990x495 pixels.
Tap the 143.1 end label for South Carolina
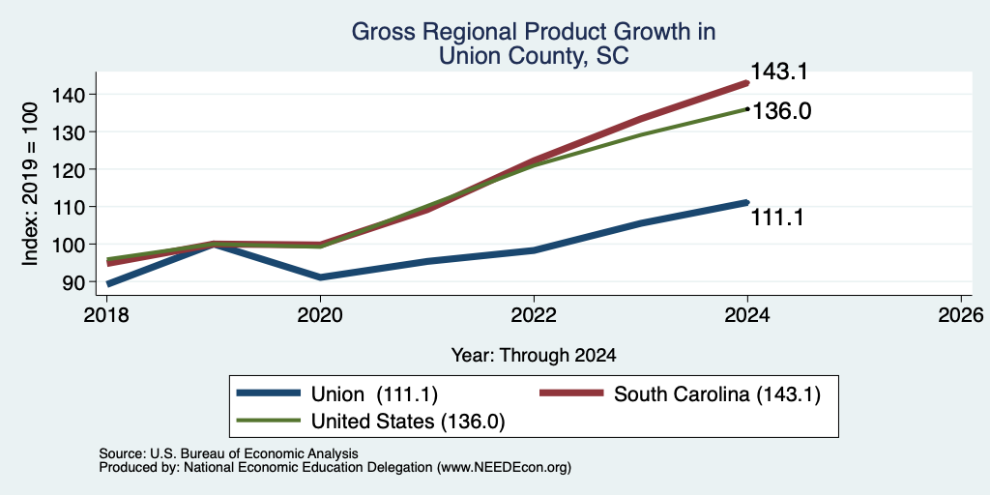[778, 72]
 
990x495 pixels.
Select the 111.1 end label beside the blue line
[777, 218]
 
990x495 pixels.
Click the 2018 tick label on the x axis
[106, 314]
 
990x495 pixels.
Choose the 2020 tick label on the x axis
[320, 314]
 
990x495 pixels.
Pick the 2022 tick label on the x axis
[534, 314]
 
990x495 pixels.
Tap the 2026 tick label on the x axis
[961, 314]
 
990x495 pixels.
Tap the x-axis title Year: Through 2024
[534, 356]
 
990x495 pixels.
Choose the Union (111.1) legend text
[374, 394]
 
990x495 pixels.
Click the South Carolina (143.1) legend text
[717, 394]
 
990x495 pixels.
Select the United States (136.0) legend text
[408, 422]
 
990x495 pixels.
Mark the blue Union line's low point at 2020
[320, 277]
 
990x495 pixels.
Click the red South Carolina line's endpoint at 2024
[747, 83]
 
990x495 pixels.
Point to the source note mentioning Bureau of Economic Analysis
[228, 453]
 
